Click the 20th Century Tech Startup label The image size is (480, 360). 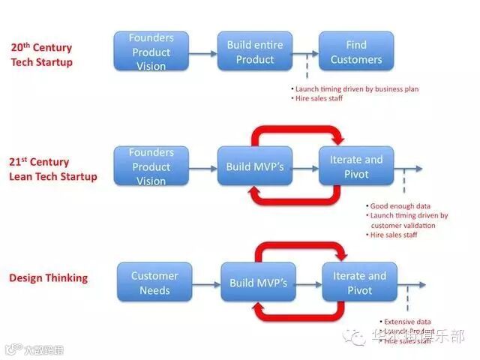42,54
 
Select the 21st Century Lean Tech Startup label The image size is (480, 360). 53,169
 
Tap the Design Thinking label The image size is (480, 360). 48,277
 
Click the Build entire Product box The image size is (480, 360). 255,52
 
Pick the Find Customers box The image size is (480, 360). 355,52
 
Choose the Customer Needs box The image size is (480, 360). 154,283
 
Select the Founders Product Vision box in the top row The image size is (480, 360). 151,52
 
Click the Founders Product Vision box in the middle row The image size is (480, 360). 151,166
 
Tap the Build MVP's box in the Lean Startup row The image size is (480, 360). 255,166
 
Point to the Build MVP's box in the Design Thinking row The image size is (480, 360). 258,283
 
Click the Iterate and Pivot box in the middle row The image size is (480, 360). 355,166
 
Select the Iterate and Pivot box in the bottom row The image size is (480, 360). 360,283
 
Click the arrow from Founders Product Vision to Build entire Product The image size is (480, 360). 202,53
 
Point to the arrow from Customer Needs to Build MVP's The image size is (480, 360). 206,284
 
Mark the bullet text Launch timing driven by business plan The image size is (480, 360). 357,89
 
